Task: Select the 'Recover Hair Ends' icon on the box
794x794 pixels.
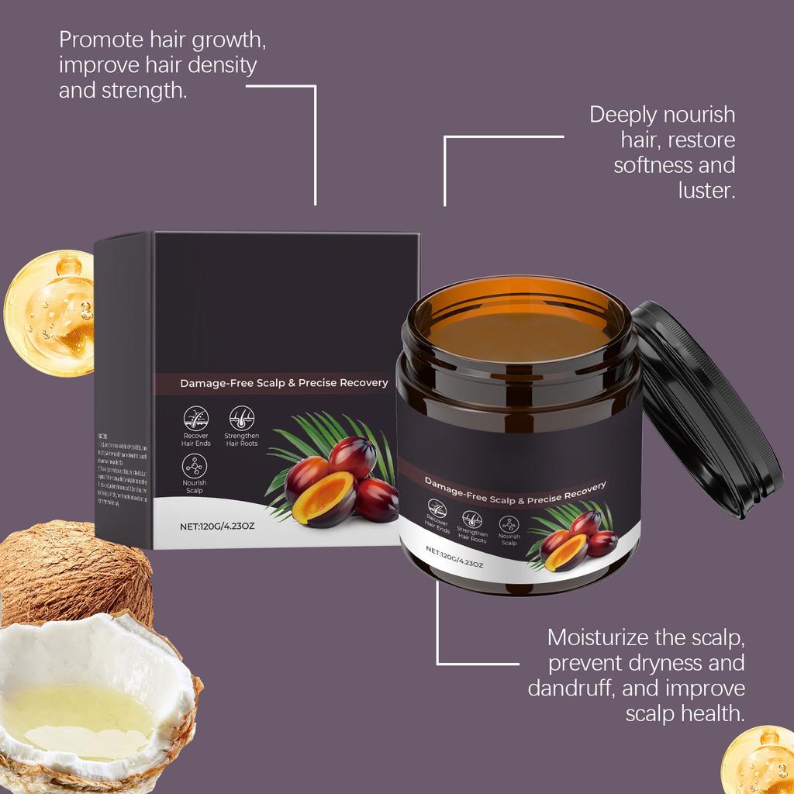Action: [x=195, y=419]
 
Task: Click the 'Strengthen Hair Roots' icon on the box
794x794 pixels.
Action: [x=241, y=419]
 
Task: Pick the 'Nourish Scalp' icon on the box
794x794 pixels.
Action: [x=195, y=467]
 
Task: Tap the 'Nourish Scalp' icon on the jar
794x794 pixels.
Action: [x=509, y=523]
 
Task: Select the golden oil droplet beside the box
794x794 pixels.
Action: [x=48, y=312]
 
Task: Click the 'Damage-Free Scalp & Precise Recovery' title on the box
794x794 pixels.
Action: [x=284, y=383]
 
